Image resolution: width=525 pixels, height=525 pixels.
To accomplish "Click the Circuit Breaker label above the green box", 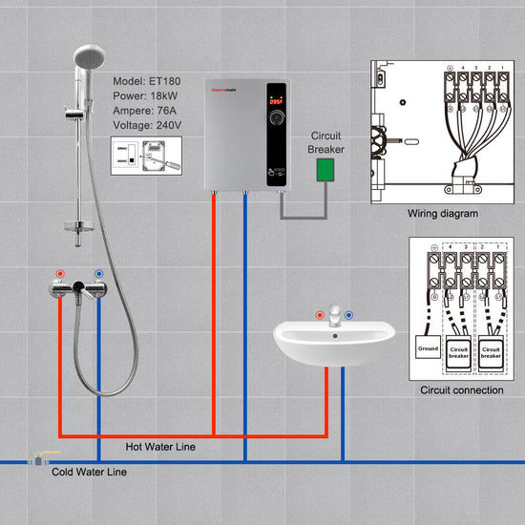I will (x=326, y=142).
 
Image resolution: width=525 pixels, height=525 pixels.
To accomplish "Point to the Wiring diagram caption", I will (x=442, y=214).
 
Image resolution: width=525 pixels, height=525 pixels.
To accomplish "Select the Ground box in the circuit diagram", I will (x=428, y=349).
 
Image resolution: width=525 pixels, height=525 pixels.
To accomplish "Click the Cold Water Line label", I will (x=89, y=472).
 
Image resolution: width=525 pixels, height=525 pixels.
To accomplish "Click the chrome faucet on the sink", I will (x=334, y=316).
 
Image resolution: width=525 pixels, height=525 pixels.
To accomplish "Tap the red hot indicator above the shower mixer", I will (x=60, y=274).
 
